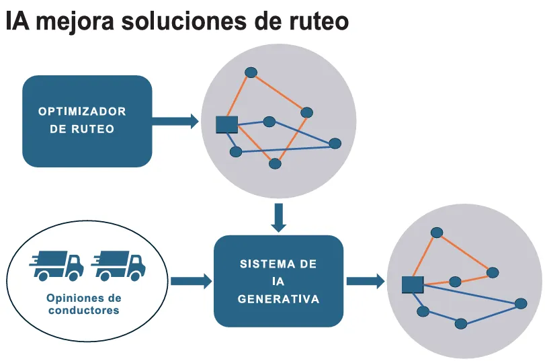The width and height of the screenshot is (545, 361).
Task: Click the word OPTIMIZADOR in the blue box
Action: pos(82,112)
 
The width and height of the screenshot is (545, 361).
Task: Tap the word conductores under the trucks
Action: pos(83,311)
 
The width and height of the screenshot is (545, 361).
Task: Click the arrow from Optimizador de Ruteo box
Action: pos(175,121)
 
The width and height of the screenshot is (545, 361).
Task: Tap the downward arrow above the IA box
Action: pos(279,216)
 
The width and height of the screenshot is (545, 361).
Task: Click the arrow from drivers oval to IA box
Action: pos(191,280)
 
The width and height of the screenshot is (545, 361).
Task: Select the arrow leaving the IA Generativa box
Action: pos(365,280)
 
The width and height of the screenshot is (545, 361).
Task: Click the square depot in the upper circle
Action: pos(226,124)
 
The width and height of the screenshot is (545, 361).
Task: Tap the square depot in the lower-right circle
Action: pos(412,285)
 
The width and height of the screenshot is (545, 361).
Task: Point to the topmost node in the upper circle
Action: pos(251,72)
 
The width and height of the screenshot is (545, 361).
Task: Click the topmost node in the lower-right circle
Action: pos(436,233)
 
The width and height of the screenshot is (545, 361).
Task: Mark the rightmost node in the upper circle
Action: pos(335,143)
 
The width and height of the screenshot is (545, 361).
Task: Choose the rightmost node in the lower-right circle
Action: pos(520,304)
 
